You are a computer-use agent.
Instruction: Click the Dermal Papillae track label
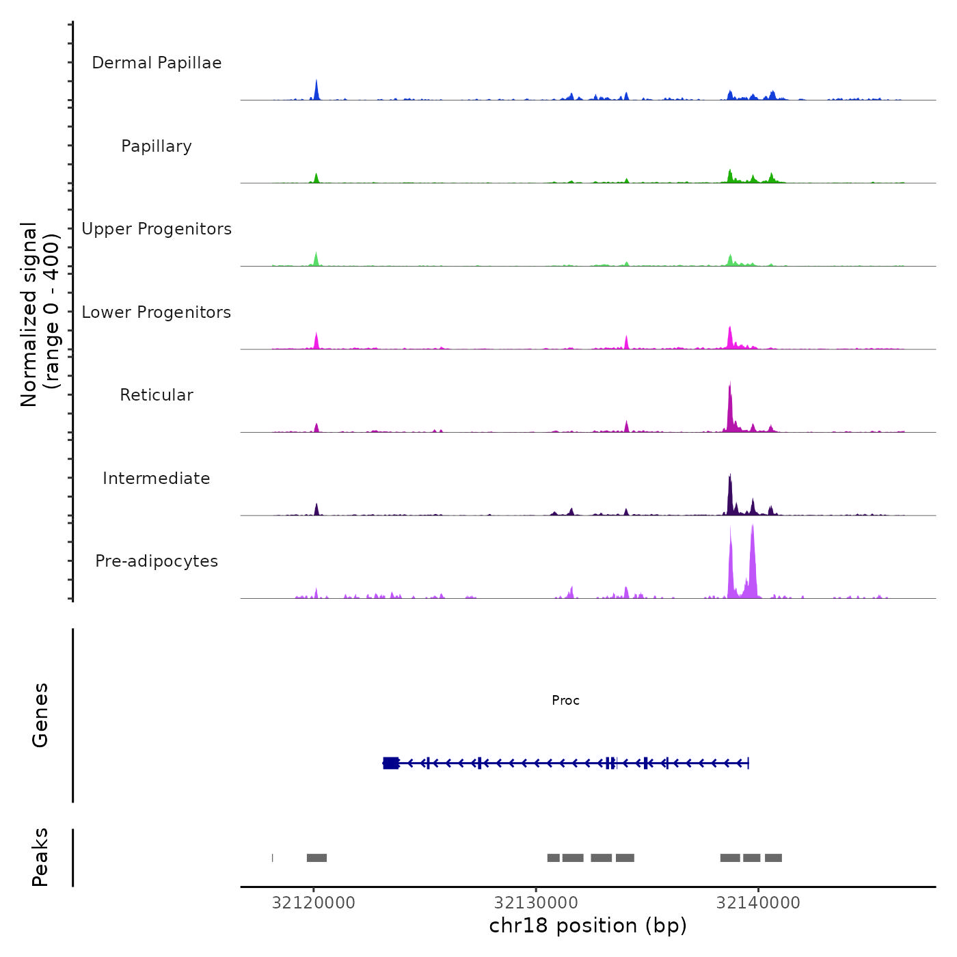coord(157,63)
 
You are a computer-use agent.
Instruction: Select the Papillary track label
coord(157,146)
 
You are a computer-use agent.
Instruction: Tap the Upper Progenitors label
coord(157,229)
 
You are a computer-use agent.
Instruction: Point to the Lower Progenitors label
coord(157,312)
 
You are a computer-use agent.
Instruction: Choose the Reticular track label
coord(157,395)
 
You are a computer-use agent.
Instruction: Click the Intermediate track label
coord(157,478)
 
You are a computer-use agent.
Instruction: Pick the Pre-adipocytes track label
coord(157,561)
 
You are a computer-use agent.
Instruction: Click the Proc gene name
coord(565,701)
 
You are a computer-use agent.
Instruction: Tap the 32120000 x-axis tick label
coord(314,903)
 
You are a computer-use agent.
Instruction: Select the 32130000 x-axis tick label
coord(536,903)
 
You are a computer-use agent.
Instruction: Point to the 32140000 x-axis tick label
coord(758,903)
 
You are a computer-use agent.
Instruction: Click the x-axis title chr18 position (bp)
coord(588,926)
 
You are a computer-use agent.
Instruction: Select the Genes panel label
coord(40,715)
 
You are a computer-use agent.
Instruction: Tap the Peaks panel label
coord(40,857)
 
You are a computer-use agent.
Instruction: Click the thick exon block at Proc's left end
coord(391,763)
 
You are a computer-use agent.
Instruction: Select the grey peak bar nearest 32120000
coord(316,858)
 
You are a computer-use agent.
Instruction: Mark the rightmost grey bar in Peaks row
coord(773,858)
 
